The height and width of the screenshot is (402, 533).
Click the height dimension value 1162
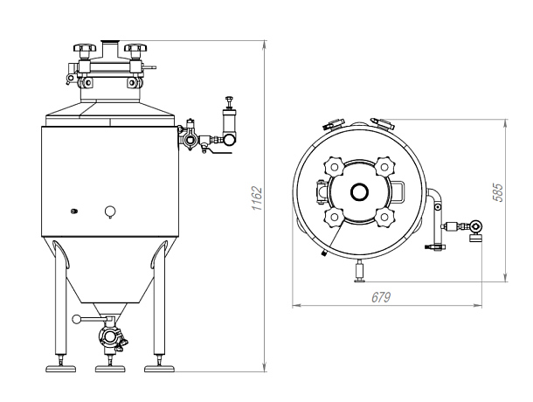coord(257,198)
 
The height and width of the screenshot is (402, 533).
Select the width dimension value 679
coord(381,298)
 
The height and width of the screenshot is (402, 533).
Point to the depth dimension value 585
coord(498,193)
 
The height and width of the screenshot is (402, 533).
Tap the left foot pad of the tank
coord(61,369)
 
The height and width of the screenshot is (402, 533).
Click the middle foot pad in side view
coord(110,369)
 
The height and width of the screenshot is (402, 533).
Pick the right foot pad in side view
coord(159,369)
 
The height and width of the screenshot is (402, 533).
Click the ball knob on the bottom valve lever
coord(77,319)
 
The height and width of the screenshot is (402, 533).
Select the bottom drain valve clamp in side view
coord(111,337)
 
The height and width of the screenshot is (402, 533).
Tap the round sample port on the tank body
coord(110,211)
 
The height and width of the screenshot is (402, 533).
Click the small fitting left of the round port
coord(74,211)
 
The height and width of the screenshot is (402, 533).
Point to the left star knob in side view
coord(85,47)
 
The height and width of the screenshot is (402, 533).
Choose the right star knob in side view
coord(135,47)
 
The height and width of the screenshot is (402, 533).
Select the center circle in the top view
coord(360,192)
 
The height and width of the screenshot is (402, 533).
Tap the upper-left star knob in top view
coord(335,167)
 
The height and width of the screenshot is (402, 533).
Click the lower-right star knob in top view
coord(384,218)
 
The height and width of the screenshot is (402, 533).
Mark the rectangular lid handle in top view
coord(398,191)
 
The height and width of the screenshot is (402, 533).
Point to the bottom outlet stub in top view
coord(360,272)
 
